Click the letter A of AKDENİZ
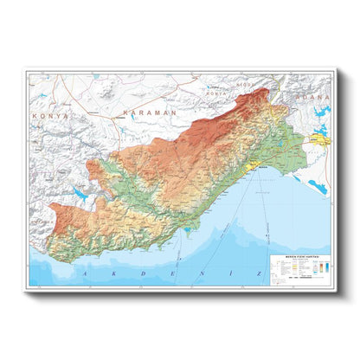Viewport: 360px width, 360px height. click(x=85, y=273)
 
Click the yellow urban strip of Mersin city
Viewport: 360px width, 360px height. click(x=257, y=164)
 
